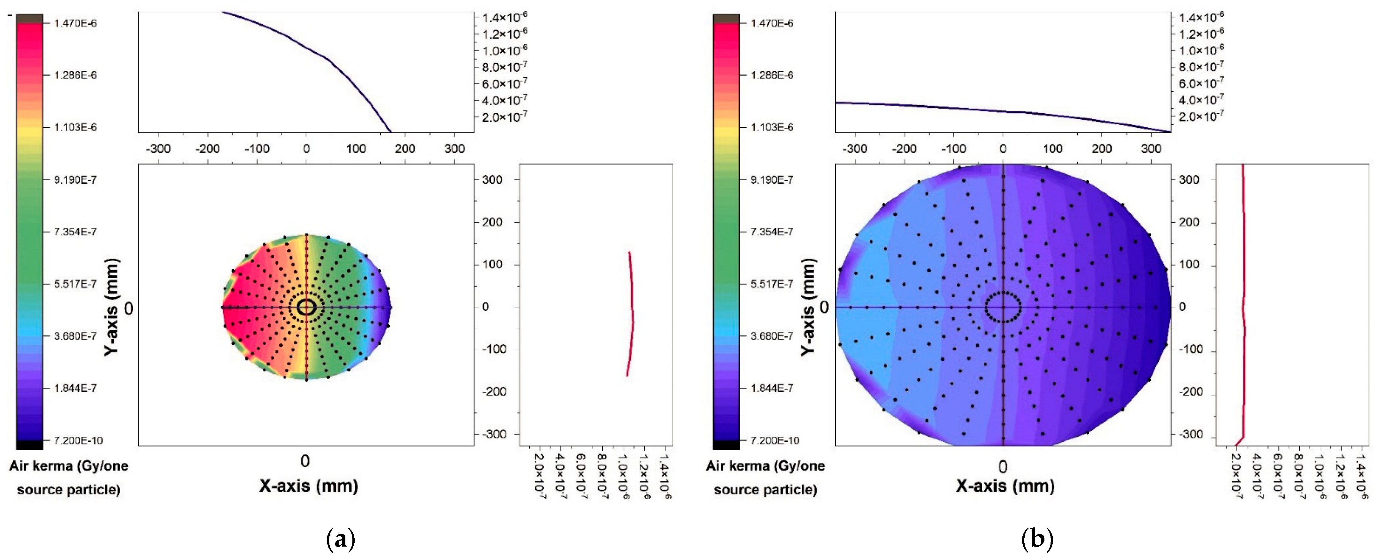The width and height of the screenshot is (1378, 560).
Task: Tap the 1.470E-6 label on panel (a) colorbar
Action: click(x=75, y=23)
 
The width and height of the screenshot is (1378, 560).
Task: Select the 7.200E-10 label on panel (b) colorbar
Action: click(x=772, y=440)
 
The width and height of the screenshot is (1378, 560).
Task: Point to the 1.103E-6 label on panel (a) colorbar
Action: click(x=75, y=127)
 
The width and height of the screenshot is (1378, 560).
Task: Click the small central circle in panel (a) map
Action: click(x=306, y=308)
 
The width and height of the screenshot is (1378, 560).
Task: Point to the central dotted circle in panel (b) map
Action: click(x=1003, y=308)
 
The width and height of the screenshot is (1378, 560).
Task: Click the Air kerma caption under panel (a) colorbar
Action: click(x=68, y=478)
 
